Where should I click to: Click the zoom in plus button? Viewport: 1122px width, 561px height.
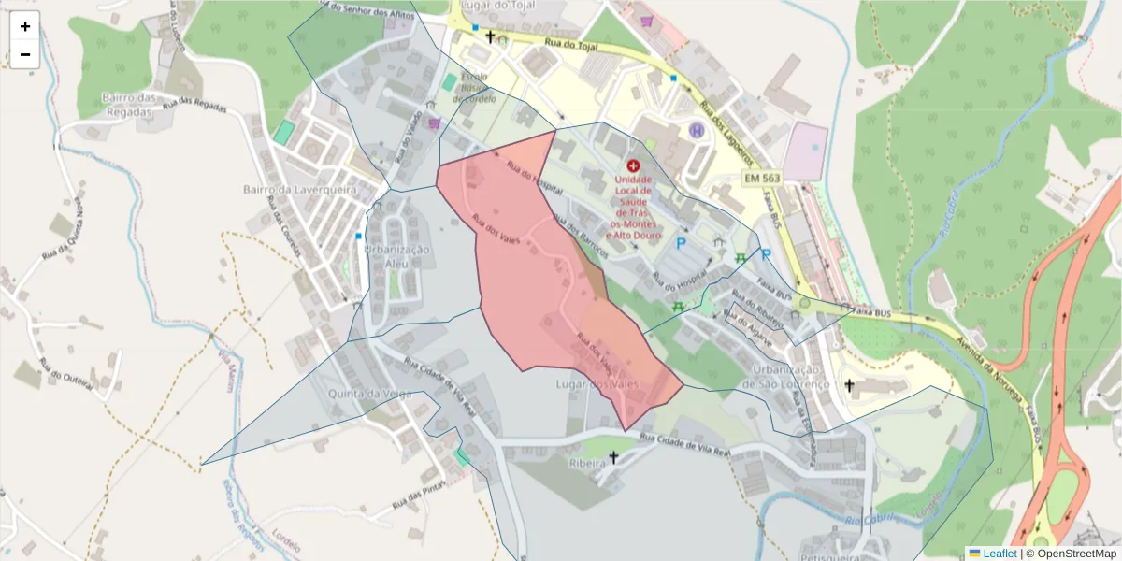pos(25,26)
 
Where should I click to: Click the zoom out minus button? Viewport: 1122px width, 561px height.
pos(25,54)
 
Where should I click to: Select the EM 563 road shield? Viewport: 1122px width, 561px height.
pos(762,178)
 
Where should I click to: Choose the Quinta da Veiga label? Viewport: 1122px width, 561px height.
pos(369,394)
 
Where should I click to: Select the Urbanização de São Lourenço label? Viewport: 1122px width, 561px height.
pos(786,376)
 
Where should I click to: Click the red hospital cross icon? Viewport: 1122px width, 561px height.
pos(634,165)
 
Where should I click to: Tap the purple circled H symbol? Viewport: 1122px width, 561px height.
pos(697,131)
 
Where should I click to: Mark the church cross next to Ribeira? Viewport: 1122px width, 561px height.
pos(613,457)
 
